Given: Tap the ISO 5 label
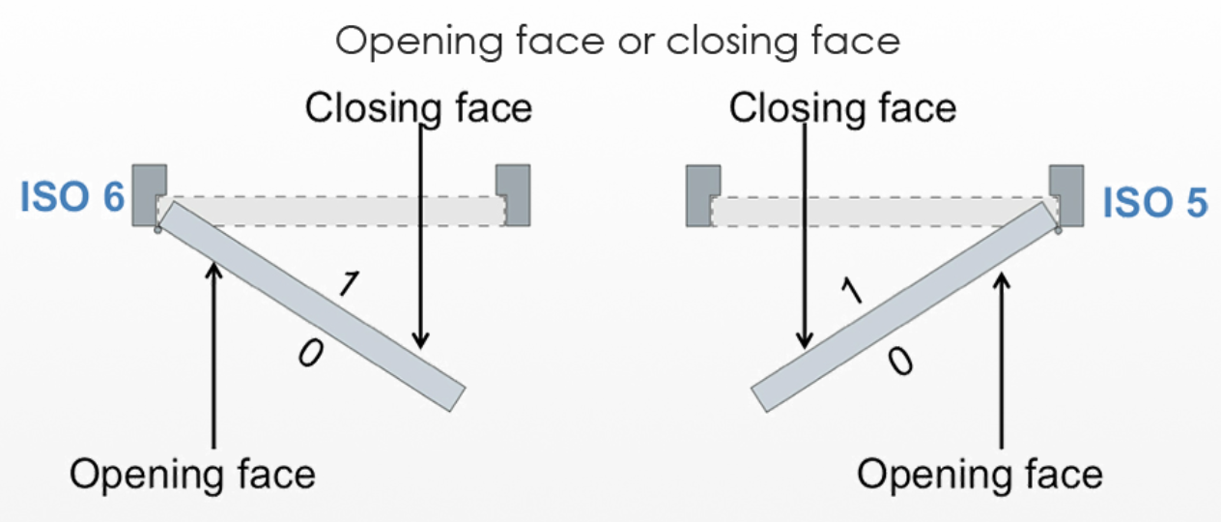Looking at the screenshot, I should (x=1154, y=204).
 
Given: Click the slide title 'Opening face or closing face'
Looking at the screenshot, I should (x=617, y=42).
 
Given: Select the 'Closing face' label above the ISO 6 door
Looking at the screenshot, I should (x=418, y=108).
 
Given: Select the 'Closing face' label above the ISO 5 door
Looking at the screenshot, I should (x=841, y=108).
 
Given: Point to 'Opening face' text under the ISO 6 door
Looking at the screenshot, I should (x=192, y=475).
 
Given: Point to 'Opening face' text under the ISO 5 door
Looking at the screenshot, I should (x=980, y=475).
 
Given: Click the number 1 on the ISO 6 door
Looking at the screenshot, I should (x=351, y=283).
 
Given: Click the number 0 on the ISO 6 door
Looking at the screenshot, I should (x=309, y=355).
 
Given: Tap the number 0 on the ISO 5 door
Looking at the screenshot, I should (x=898, y=362).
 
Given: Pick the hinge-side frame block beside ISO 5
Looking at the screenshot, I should (x=1065, y=193).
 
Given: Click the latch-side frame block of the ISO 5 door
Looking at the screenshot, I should (x=703, y=193).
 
